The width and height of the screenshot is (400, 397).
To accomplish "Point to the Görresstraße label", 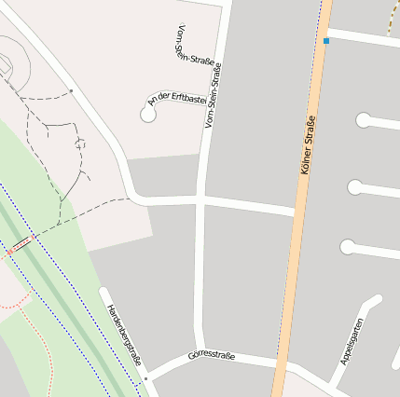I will [x=211, y=355].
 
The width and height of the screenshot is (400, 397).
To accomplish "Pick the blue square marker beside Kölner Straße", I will [x=326, y=41].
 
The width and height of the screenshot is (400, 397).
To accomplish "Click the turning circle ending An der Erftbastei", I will [x=147, y=114].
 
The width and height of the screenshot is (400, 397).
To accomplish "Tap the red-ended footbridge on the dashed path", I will [x=20, y=244].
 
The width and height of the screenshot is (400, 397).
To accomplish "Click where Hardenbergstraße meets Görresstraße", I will [x=146, y=378].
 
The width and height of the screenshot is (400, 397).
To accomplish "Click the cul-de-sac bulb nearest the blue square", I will [x=363, y=120].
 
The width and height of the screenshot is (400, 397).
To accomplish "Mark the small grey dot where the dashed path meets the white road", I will [x=71, y=91].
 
